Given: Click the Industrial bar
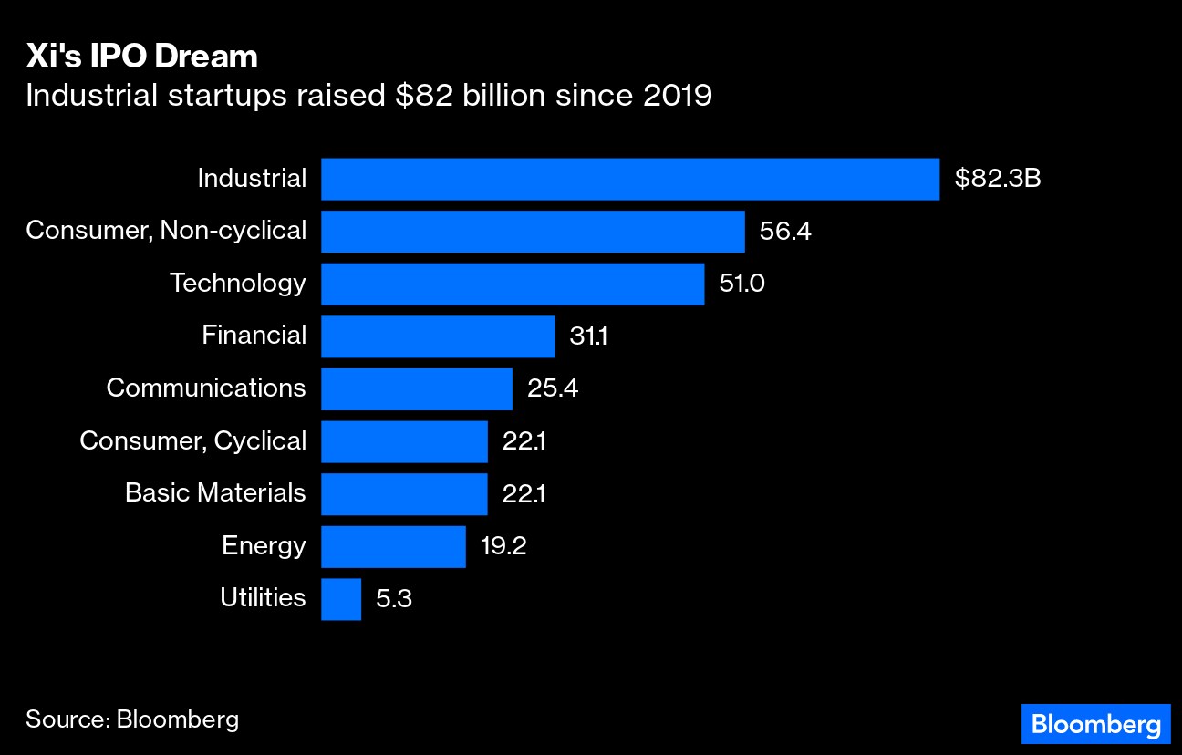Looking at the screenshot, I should point(629,179).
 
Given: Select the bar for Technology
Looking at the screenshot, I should point(513,284).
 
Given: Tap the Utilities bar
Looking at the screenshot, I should point(341,599).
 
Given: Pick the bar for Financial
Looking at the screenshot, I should point(438,336).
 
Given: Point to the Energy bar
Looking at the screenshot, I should point(393,546).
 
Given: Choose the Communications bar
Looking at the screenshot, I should point(417,388).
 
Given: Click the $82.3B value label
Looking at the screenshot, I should point(998,179).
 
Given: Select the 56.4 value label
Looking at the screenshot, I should point(785,232).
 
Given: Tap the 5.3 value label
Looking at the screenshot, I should point(394,599).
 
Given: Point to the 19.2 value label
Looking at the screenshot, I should point(503,546).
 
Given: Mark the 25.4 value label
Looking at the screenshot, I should point(553,388).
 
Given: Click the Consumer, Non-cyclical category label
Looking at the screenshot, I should point(166,231).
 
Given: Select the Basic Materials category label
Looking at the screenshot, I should point(215,493).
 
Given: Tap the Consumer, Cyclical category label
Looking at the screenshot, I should point(192,441).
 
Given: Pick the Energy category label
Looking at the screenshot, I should point(264,546).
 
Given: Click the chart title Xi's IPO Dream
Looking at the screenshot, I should point(141,57).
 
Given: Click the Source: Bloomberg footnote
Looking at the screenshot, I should point(132,719).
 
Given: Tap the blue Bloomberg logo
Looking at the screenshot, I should point(1094,725).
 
